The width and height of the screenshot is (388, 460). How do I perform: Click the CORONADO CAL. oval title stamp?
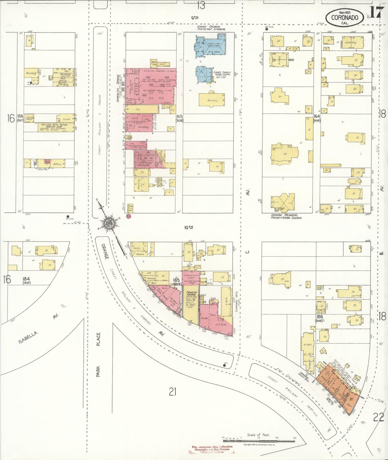(345, 18)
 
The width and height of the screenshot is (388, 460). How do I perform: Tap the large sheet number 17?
(376, 12)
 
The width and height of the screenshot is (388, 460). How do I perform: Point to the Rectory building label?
(212, 101)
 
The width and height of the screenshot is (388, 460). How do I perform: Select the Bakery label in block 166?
(57, 164)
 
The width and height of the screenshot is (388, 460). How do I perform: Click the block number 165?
(179, 117)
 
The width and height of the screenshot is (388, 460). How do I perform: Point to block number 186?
(320, 317)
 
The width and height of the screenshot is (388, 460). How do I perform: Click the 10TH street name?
(189, 227)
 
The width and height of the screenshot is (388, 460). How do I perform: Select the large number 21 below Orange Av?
(172, 392)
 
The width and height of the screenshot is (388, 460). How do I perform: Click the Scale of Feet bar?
(259, 441)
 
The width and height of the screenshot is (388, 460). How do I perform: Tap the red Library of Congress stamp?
(212, 449)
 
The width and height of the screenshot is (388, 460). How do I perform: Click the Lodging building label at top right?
(351, 42)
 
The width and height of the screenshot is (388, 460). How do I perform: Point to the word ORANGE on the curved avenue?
(105, 251)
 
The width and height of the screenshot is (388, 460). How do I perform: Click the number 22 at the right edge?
(379, 417)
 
